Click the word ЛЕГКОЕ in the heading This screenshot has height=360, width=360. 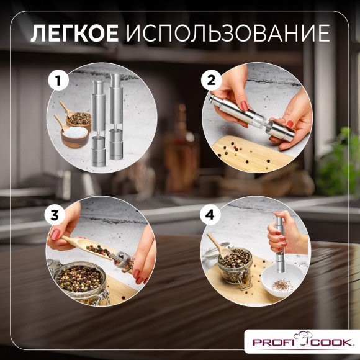[x=74, y=33]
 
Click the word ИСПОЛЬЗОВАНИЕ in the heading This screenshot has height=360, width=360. [x=227, y=33]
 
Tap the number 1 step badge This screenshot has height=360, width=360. [x=58, y=81]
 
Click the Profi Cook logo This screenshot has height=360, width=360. [x=303, y=341]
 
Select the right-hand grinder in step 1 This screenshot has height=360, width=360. [x=115, y=121]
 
